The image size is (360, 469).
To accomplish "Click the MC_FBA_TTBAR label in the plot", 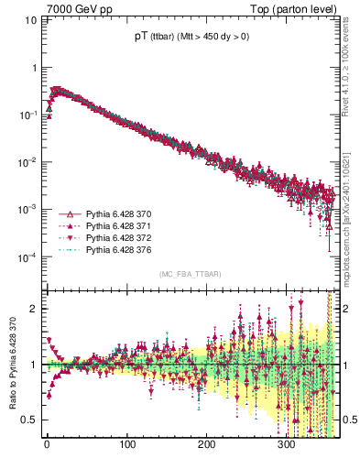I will pos(190,275).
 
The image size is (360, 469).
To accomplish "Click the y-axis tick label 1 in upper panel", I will pos(34,69).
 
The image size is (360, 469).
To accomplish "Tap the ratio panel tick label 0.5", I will pos(30,420).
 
